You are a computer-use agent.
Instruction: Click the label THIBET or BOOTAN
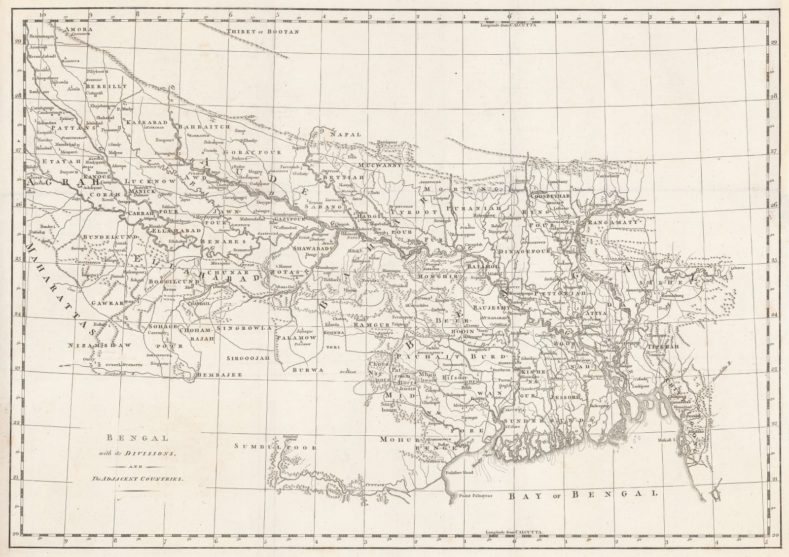coord(263,32)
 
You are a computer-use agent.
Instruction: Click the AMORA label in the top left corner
coord(79,30)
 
